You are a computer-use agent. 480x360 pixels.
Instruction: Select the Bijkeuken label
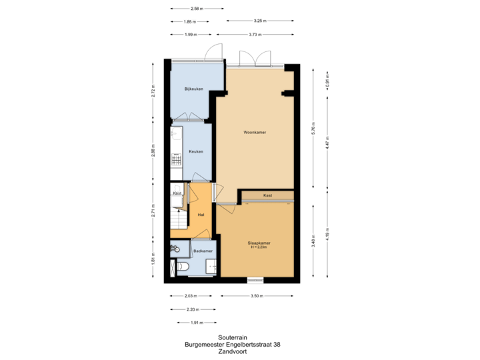pos(194,89)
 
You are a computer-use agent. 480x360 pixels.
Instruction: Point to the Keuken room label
pos(196,151)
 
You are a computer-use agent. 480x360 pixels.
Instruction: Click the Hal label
pos(201,215)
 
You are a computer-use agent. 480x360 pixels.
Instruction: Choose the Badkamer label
pos(203,251)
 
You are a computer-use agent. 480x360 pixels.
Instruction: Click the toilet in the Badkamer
pos(185,268)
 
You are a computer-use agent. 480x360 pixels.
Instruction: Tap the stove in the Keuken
pos(177,160)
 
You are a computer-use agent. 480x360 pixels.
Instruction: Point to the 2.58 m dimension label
pos(197,9)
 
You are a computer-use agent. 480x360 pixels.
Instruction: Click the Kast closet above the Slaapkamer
pos(267,195)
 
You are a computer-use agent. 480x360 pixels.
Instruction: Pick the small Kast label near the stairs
pos(177,193)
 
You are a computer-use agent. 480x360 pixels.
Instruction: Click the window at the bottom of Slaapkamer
pos(256,279)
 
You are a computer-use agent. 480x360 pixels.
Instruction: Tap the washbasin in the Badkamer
pos(175,249)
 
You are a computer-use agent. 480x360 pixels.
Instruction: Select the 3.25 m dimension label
pos(260,21)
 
